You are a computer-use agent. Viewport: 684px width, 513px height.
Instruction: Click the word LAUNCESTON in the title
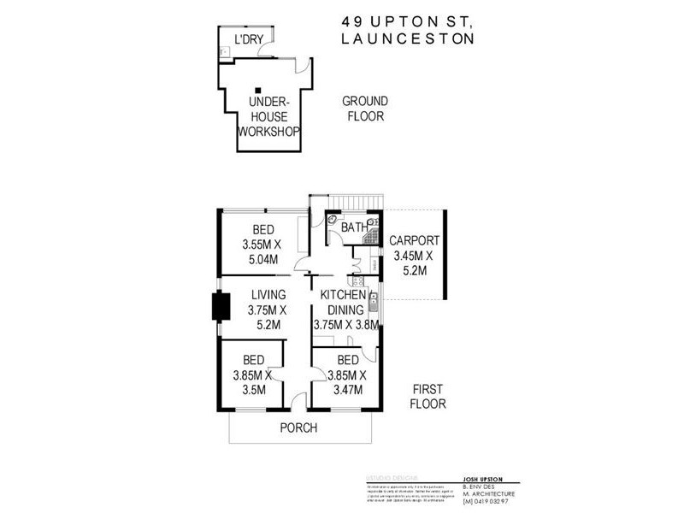[408, 38]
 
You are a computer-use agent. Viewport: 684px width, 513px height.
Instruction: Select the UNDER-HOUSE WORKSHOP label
[268, 116]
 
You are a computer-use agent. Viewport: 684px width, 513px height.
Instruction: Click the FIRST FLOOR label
[427, 395]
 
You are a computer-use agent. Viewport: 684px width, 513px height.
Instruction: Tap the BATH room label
[353, 227]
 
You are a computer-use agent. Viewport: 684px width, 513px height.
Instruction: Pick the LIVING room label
[268, 294]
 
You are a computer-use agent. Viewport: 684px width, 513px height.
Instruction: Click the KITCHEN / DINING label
[343, 302]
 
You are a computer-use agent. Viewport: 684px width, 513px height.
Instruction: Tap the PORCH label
[298, 427]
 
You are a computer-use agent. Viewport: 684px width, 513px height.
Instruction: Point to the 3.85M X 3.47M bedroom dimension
[347, 381]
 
